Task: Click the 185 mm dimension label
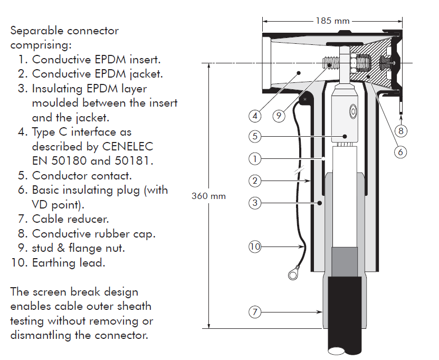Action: point(333,21)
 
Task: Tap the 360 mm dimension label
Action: point(208,196)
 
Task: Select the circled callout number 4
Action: point(255,115)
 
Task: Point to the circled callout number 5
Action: point(255,136)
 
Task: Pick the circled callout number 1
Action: point(255,158)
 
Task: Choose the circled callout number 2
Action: point(255,181)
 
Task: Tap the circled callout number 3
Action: point(255,202)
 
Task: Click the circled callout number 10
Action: point(255,246)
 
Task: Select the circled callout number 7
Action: point(255,312)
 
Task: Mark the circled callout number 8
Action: point(402,130)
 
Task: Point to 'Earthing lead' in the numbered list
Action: point(68,262)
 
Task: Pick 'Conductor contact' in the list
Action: point(82,175)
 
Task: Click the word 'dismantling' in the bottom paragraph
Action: point(43,335)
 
